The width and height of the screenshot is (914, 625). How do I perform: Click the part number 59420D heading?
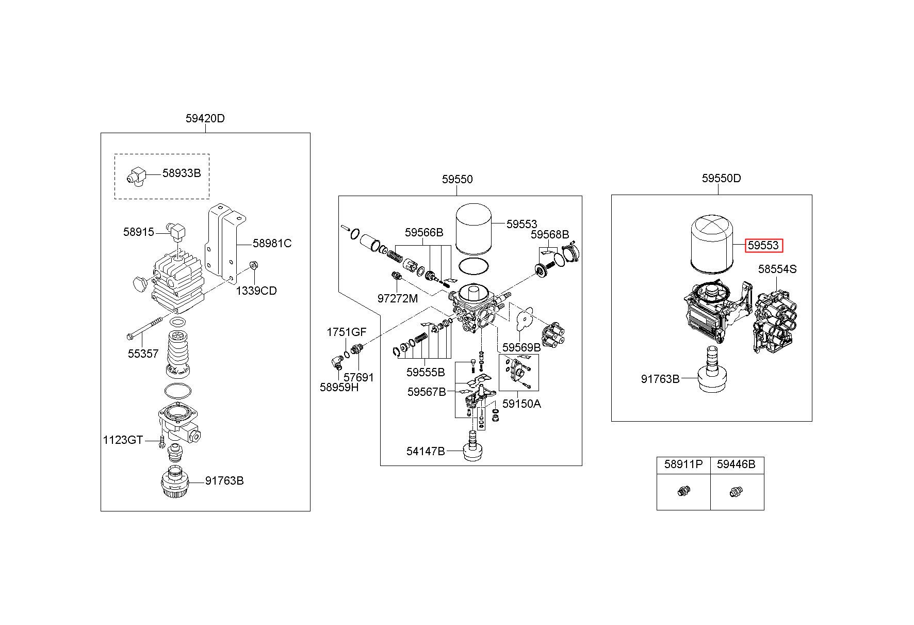(205, 118)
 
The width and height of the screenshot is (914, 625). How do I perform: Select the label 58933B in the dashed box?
(182, 173)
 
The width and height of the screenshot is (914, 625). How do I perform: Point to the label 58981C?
(272, 243)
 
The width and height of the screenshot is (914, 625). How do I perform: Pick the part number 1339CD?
(256, 291)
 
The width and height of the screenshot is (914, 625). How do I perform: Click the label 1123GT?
(123, 440)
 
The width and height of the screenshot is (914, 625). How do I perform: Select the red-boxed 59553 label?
(764, 246)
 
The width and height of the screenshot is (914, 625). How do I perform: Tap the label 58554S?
(777, 269)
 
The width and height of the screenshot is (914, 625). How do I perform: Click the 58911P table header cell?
(683, 464)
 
